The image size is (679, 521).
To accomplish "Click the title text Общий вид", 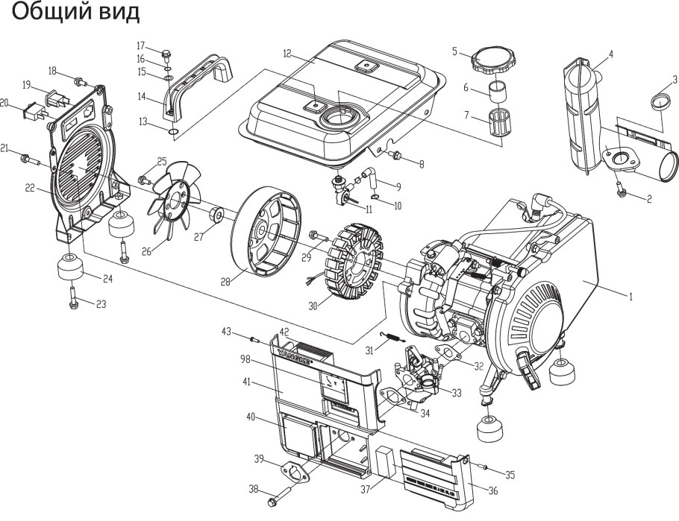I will [x=75, y=13].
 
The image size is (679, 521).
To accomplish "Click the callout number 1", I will [x=630, y=297].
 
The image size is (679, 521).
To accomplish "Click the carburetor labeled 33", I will [x=422, y=373].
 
